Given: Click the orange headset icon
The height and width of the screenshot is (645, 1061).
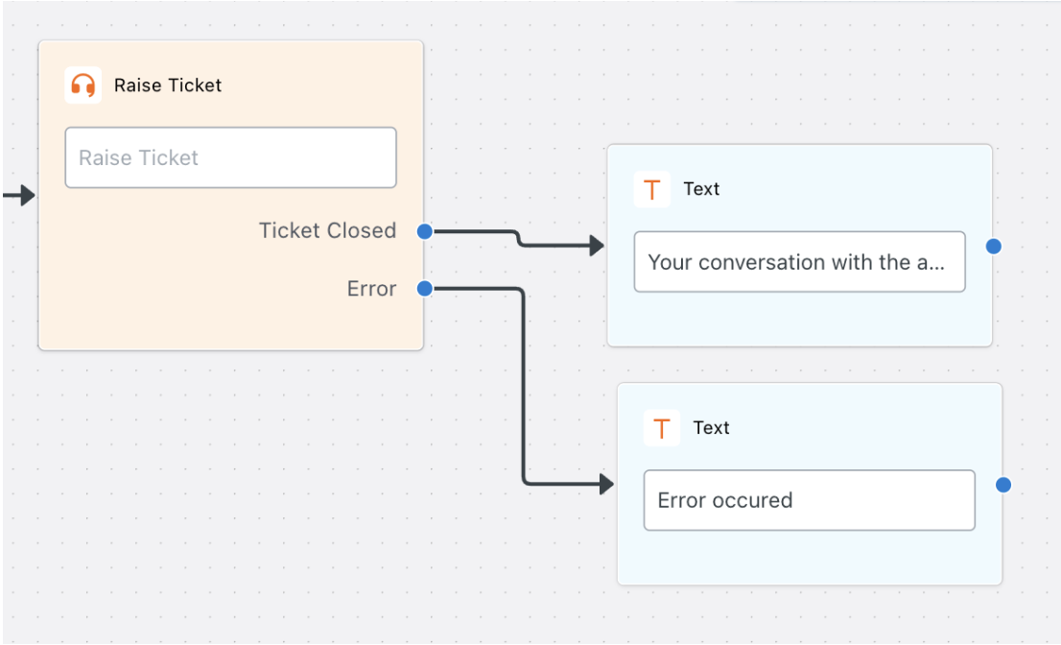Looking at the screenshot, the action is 83,85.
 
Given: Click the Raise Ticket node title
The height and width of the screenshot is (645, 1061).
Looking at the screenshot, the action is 168,85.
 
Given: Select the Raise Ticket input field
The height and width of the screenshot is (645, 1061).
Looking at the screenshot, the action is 231,157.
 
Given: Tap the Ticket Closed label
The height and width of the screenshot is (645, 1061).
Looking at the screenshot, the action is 327,230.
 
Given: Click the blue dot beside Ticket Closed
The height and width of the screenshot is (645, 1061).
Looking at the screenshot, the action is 425,231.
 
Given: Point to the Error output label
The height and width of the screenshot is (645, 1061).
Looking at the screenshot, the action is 371,289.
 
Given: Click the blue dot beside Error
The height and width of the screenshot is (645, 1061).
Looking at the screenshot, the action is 425,289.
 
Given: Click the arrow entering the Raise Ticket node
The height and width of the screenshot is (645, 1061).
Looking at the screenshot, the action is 18,196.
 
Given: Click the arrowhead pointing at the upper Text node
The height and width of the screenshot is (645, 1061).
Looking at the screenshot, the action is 597,245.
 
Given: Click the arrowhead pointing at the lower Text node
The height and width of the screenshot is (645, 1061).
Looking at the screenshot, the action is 607,484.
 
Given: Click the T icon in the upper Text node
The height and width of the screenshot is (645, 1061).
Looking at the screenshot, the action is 652,189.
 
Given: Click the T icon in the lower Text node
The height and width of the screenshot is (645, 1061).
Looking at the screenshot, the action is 662,428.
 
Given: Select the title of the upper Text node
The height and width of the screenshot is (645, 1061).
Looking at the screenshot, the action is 701,189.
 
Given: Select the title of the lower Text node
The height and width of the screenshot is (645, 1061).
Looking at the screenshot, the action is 711,428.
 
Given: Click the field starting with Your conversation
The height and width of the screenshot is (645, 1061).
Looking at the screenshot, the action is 800,262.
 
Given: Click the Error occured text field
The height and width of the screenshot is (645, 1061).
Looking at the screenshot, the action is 810,500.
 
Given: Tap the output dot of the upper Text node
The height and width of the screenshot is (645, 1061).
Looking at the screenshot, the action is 994,247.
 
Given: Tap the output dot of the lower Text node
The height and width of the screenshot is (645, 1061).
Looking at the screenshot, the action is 1003,485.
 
